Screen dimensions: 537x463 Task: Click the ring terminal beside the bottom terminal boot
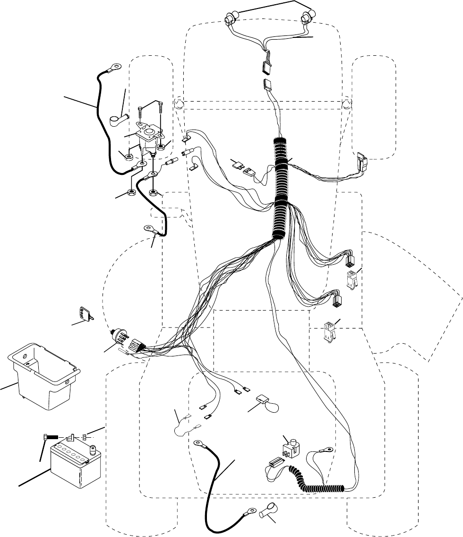click(247, 511)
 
